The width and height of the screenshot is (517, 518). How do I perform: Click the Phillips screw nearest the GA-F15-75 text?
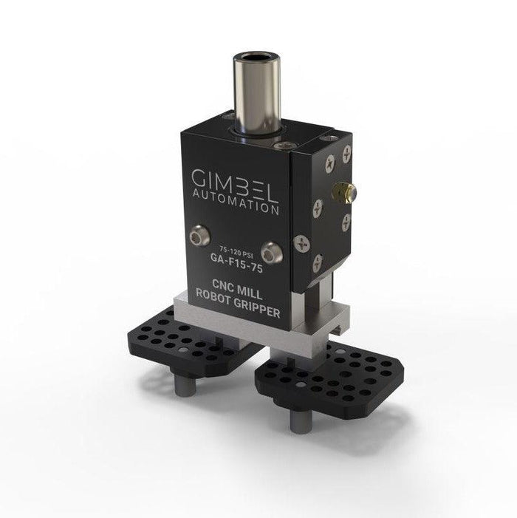pyautogui.click(x=302, y=242)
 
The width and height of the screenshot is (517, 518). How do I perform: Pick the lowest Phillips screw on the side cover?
pyautogui.click(x=318, y=259)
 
